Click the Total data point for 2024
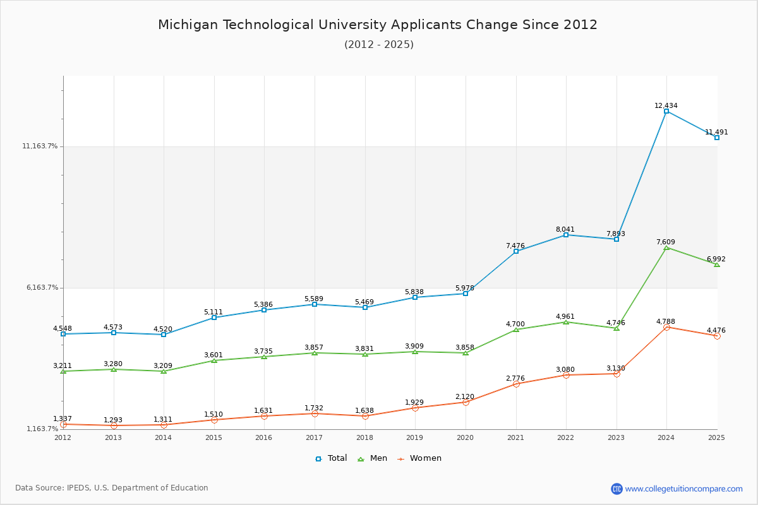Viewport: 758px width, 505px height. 666,111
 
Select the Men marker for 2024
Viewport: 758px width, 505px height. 666,247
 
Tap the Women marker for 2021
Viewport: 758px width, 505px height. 516,384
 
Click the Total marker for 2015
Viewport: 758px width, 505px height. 214,318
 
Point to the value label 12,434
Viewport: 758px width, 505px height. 666,105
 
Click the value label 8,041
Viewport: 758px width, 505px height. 565,229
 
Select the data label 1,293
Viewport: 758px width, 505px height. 113,420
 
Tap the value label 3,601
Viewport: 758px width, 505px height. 214,355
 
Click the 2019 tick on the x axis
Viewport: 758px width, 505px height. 414,437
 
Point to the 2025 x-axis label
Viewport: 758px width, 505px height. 716,437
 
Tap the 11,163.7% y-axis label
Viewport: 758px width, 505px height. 40,146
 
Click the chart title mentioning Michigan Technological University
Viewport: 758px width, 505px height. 378,25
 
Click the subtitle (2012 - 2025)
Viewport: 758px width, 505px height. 379,44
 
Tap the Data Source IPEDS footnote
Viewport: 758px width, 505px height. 112,488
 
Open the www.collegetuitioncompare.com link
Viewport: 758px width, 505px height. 683,489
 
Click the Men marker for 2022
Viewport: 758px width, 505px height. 566,322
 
